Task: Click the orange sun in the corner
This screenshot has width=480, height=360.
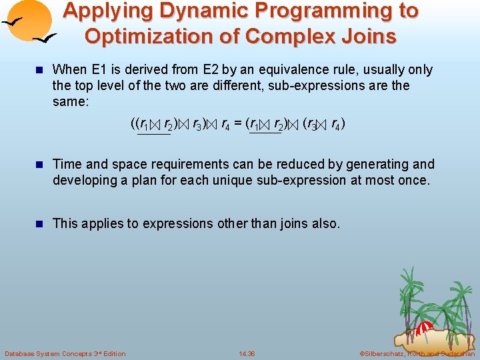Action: [x=30, y=20]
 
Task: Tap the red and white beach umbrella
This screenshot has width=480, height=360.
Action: [x=424, y=328]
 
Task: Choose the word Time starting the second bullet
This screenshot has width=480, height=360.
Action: [x=66, y=164]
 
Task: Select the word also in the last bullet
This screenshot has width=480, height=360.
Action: [x=325, y=223]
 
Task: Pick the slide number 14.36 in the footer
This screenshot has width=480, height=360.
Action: [x=247, y=353]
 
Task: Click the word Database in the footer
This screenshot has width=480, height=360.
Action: [x=20, y=353]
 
